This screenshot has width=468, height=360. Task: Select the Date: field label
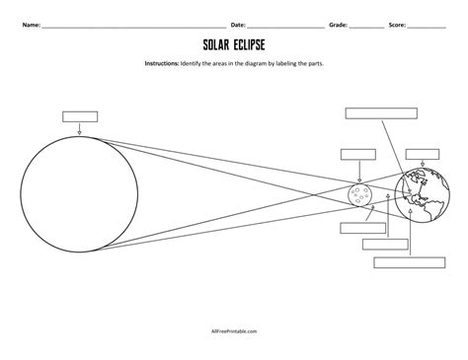tap(238, 22)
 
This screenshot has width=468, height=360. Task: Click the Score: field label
tap(399, 22)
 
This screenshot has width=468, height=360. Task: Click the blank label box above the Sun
tap(78, 116)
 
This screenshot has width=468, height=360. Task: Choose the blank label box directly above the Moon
tap(354, 153)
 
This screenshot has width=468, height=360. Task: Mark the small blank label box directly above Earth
tap(422, 154)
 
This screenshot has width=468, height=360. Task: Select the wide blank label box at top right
tap(376, 111)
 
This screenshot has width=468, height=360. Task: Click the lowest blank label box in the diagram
tap(402, 263)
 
